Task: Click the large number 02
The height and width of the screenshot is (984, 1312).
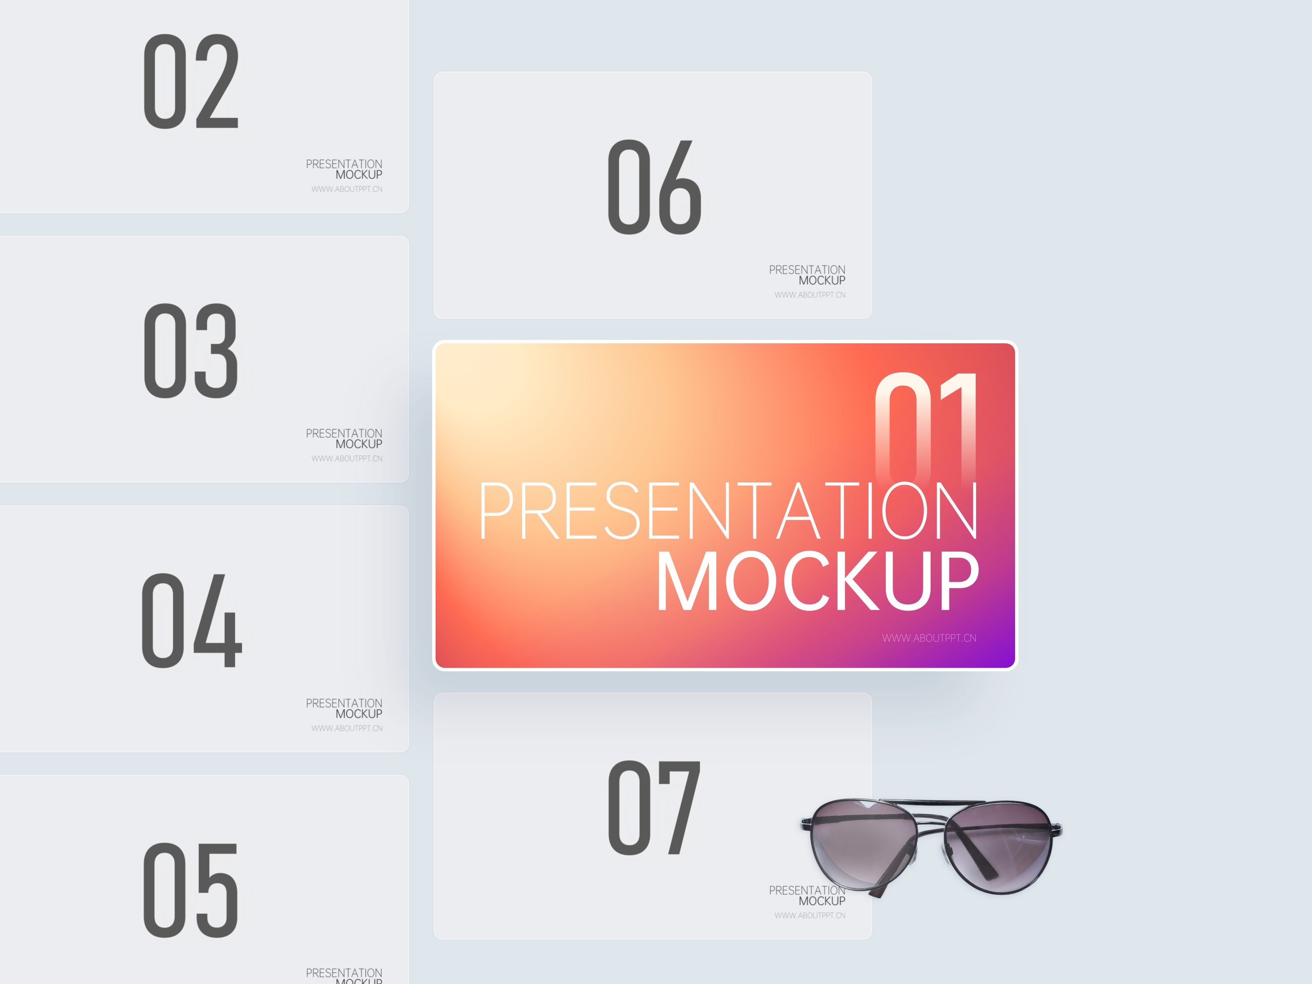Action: tap(191, 81)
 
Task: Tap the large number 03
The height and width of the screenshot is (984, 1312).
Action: tap(191, 351)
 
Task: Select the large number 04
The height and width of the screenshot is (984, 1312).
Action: tap(192, 621)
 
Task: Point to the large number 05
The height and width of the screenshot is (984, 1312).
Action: tap(191, 890)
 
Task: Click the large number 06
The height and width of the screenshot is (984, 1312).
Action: tap(655, 187)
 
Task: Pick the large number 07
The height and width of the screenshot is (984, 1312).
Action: tap(655, 807)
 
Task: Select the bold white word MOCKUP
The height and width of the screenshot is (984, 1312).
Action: tap(817, 581)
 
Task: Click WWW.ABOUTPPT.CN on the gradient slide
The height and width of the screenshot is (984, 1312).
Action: tap(929, 638)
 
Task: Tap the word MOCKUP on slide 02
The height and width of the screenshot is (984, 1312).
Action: tap(359, 175)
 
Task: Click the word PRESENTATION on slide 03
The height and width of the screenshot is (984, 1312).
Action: tap(344, 433)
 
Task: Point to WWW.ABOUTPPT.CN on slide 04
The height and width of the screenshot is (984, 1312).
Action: tap(347, 728)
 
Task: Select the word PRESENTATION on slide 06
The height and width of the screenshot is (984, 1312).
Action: tap(807, 270)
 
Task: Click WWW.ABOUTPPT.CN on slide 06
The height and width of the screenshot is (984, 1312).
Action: tap(810, 295)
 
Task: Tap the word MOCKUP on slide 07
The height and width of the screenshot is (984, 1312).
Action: tap(822, 901)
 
